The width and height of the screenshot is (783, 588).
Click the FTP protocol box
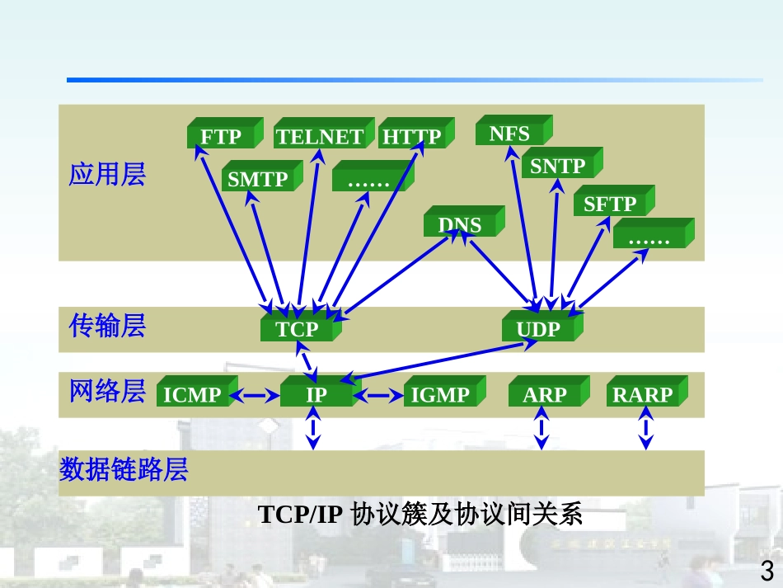[222, 137]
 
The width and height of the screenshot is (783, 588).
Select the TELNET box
[320, 137]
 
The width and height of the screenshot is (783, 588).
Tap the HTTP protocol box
[411, 137]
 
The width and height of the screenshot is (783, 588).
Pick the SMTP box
[258, 179]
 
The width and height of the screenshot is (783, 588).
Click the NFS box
[509, 134]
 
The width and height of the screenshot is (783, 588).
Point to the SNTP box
[557, 167]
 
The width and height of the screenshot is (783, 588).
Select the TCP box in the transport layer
[297, 330]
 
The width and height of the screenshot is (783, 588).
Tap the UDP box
[538, 330]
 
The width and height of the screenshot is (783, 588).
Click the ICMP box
[192, 395]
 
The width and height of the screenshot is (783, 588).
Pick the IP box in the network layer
[316, 395]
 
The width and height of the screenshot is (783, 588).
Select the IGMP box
[440, 395]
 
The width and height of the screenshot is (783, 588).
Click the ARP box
[545, 395]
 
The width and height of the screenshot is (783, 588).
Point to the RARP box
[643, 395]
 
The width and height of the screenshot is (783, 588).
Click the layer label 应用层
[107, 175]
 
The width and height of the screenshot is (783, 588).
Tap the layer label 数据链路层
[124, 470]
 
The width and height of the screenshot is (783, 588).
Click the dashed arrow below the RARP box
[646, 433]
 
